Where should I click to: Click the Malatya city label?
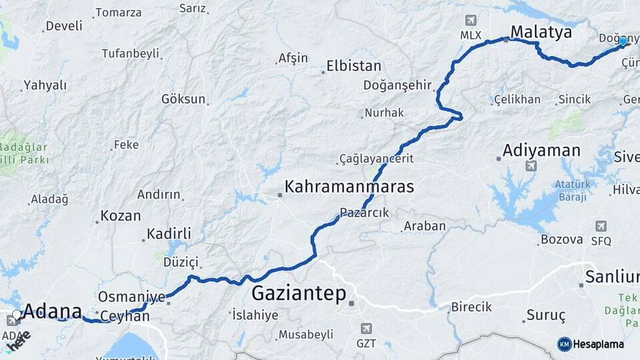point(541,31)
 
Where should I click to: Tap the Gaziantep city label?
point(299,293)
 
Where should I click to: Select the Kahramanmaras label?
point(349,186)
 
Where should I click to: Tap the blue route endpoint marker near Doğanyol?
point(623,41)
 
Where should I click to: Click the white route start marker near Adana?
point(17,315)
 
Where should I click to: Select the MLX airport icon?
point(472,20)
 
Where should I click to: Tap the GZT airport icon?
point(366,329)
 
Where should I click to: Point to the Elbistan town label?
point(353,67)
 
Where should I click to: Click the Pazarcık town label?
point(364,213)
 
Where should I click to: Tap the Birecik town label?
point(471,307)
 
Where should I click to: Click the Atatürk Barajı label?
point(571,190)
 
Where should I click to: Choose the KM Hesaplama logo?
point(591,344)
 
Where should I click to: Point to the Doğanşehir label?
point(398,85)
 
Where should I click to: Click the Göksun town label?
point(183,99)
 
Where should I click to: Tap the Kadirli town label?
point(169,234)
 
